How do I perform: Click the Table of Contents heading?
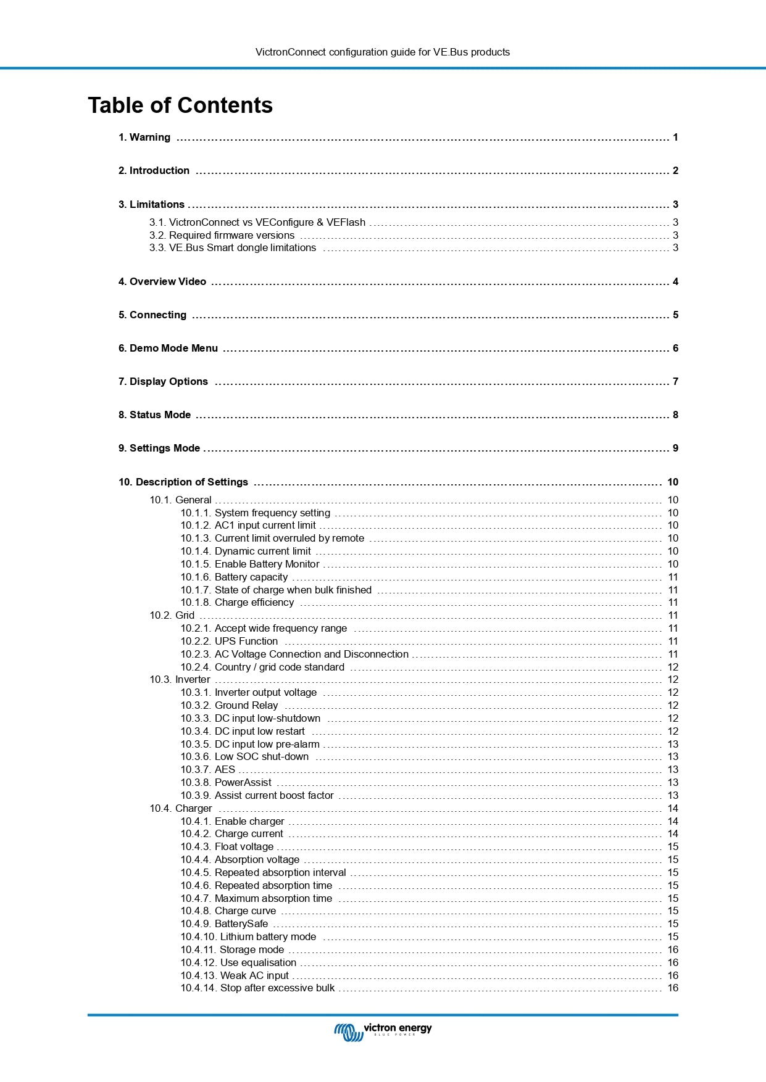pyautogui.click(x=180, y=105)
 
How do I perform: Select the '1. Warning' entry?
pyautogui.click(x=144, y=138)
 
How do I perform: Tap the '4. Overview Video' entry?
pyautogui.click(x=162, y=282)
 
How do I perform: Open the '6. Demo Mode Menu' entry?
pyautogui.click(x=168, y=349)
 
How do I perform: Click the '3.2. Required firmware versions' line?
pyautogui.click(x=222, y=235)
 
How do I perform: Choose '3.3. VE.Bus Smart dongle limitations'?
pyautogui.click(x=233, y=248)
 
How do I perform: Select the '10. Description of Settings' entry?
pyautogui.click(x=183, y=482)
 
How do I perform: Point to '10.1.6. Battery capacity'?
pyautogui.click(x=234, y=577)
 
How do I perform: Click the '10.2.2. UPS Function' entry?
pyautogui.click(x=229, y=642)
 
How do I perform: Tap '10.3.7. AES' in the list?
pyautogui.click(x=208, y=770)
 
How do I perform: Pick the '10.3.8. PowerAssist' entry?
pyautogui.click(x=226, y=783)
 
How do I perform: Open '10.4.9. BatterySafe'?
pyautogui.click(x=224, y=924)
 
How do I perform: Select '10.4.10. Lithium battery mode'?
pyautogui.click(x=248, y=937)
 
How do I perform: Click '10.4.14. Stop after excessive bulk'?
pyautogui.click(x=257, y=988)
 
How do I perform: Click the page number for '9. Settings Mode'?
pyautogui.click(x=675, y=448)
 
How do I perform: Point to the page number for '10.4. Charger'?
pyautogui.click(x=673, y=809)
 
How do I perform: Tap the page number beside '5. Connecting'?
pyautogui.click(x=675, y=315)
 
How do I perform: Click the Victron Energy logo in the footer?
pyautogui.click(x=383, y=1031)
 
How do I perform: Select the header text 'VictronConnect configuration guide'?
pyautogui.click(x=383, y=52)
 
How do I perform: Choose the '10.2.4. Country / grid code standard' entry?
pyautogui.click(x=262, y=667)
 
